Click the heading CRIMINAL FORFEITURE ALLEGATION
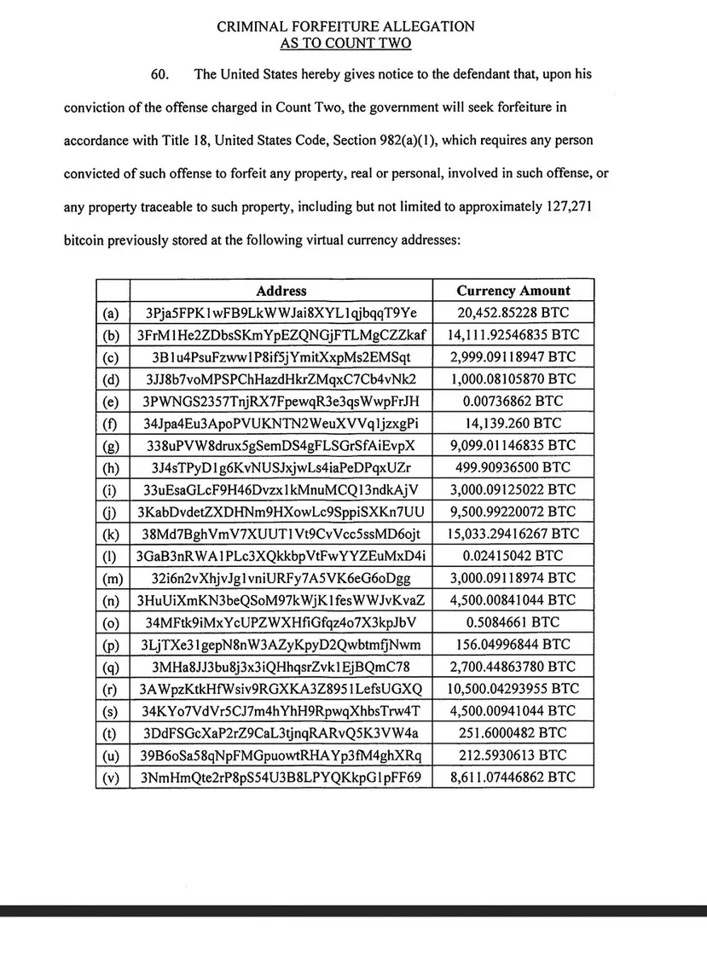pos(345,26)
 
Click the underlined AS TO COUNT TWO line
pos(345,43)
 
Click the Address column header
pos(281,291)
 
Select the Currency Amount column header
pos(513,291)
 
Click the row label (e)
pos(112,401)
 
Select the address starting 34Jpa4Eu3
pos(281,423)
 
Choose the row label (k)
pos(112,534)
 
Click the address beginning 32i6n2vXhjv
pos(281,578)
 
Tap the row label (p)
pos(112,645)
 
